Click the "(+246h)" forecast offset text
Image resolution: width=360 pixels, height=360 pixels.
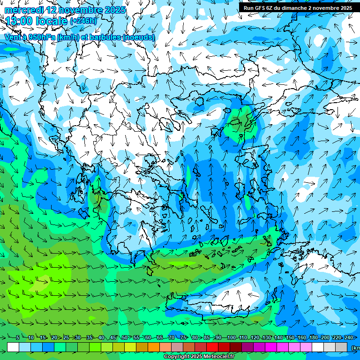[84, 21]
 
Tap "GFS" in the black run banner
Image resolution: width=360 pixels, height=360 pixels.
[261, 8]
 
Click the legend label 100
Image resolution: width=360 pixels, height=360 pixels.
[231, 337]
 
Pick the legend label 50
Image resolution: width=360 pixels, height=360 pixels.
[125, 337]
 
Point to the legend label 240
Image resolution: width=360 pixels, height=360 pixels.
[348, 337]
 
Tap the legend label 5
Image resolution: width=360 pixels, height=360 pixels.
[18, 337]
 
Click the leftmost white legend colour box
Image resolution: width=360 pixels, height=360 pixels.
[13, 347]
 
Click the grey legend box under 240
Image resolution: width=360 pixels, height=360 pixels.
[341, 347]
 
